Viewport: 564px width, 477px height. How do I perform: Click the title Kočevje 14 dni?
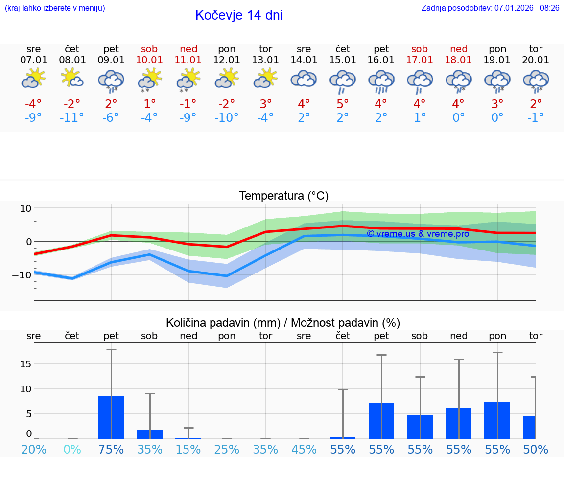(x=239, y=15)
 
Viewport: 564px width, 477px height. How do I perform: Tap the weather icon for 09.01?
(x=111, y=81)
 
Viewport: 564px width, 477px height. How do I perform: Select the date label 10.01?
(x=150, y=60)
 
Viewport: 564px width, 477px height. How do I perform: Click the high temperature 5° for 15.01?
(x=342, y=104)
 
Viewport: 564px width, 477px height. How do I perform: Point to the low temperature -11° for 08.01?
(x=72, y=118)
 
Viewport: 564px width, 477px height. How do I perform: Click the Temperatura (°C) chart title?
(x=283, y=196)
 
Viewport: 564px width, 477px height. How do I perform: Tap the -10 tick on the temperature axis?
(x=22, y=275)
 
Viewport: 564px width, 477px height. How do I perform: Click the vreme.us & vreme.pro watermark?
(x=418, y=234)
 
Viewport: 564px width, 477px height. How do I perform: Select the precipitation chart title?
(x=283, y=323)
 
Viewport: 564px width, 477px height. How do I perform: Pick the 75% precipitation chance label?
(x=111, y=450)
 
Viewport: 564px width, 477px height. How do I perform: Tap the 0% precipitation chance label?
(x=72, y=450)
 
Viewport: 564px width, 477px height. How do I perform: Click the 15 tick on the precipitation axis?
(x=26, y=364)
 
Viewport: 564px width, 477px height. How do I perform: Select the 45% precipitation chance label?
(x=304, y=450)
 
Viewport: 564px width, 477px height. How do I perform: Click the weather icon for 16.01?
(x=381, y=81)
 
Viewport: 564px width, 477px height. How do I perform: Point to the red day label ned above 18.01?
(x=459, y=49)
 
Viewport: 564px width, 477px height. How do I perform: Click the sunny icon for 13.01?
(x=265, y=78)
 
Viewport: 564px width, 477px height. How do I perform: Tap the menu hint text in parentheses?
(x=55, y=8)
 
